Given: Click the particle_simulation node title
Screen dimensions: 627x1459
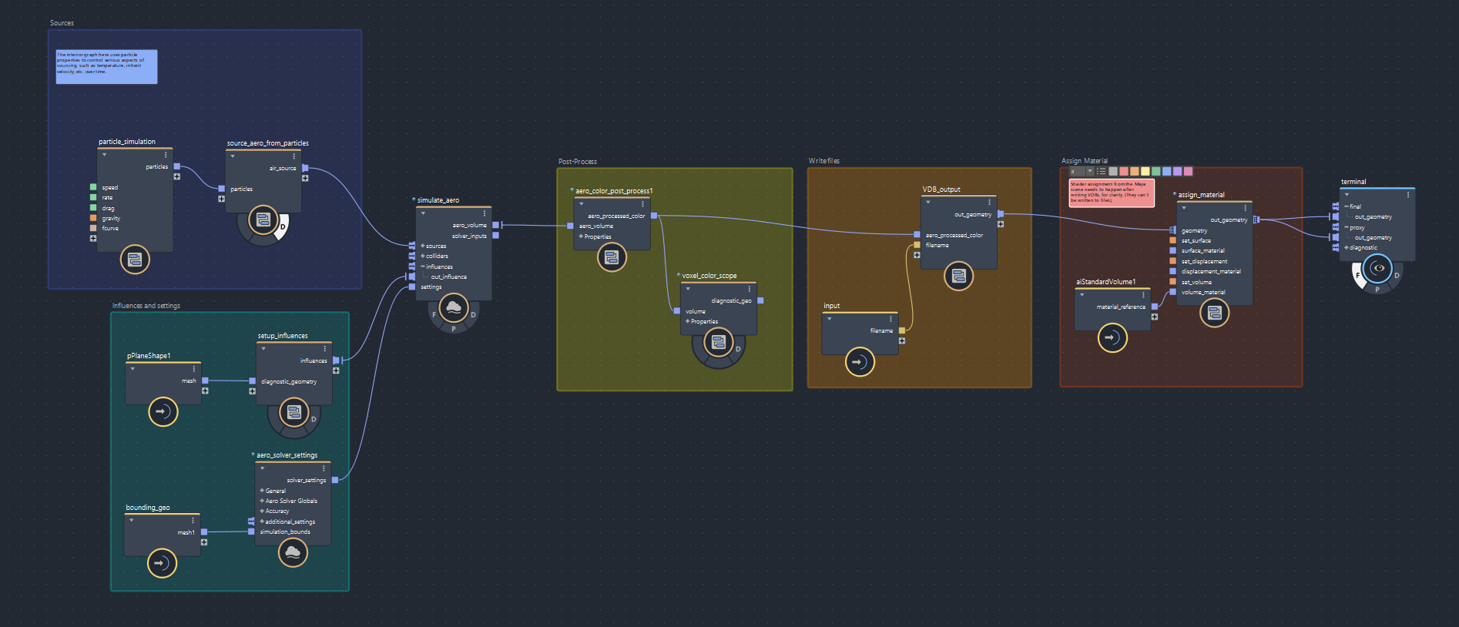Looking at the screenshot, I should tap(127, 142).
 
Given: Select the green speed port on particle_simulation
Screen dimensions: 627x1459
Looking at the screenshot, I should tap(93, 187).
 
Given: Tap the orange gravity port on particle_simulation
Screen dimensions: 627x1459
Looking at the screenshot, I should tap(93, 218).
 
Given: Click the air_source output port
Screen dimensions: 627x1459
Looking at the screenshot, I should tap(305, 168).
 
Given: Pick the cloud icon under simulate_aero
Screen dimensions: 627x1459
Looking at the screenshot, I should tap(454, 308).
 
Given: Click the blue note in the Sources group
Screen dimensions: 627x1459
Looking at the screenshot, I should tap(106, 66).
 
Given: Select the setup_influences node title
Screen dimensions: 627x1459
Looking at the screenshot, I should tap(283, 336).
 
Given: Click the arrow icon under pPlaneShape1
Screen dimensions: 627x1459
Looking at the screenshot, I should tap(163, 411).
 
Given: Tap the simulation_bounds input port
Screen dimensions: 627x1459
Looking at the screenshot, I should tap(251, 531).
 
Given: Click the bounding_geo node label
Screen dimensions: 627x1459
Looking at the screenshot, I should tap(148, 508).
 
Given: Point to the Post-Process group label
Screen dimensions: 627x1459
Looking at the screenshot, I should tap(578, 162).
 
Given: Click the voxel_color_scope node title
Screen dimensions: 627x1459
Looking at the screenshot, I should tap(709, 276).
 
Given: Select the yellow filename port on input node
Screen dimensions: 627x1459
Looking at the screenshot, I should tap(902, 330).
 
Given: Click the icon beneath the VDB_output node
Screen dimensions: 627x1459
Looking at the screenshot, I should tap(958, 276).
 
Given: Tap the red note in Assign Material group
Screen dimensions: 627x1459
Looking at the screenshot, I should tap(1111, 193).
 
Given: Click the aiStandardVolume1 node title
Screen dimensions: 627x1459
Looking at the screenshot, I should tap(1105, 282).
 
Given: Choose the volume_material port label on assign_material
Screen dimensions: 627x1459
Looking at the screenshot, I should tap(1203, 292).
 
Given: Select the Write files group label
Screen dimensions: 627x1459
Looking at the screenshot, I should tap(824, 161).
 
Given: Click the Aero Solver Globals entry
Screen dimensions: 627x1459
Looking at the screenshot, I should tap(291, 501).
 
